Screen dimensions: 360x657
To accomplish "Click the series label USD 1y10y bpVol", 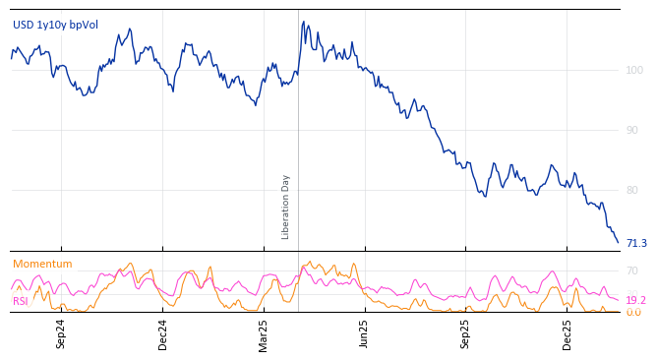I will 55,25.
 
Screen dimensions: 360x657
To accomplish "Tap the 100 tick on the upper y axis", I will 633,70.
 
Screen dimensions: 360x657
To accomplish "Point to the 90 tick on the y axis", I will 632,130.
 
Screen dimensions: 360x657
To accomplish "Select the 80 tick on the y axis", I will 632,190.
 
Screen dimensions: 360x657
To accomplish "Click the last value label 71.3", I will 636,243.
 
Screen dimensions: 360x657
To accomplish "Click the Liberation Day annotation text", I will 286,207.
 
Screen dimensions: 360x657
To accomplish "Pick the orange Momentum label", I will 42,264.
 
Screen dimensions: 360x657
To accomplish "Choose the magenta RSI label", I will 20,301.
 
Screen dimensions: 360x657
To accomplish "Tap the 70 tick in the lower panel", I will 632,270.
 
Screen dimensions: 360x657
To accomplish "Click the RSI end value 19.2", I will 635,300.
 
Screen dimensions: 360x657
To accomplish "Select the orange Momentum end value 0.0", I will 633,313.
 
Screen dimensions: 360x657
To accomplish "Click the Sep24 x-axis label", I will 61,333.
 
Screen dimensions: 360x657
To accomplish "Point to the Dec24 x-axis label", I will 163,333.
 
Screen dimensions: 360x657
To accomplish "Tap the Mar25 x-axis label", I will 264,333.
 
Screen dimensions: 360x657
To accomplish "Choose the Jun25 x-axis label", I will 365,333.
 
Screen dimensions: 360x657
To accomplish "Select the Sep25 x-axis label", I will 466,333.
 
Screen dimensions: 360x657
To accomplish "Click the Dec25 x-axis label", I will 567,333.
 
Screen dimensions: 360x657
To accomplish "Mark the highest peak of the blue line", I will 304,22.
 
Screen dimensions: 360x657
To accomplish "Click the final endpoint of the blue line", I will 619,242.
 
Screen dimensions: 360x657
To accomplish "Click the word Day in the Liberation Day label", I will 286,184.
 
